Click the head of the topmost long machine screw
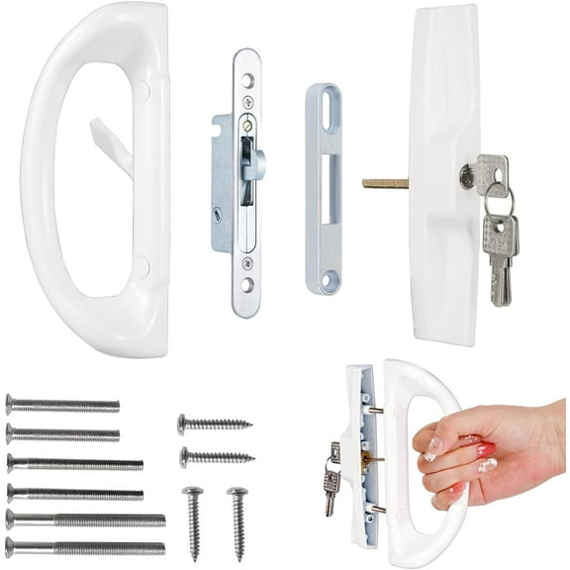coord(11,404)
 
